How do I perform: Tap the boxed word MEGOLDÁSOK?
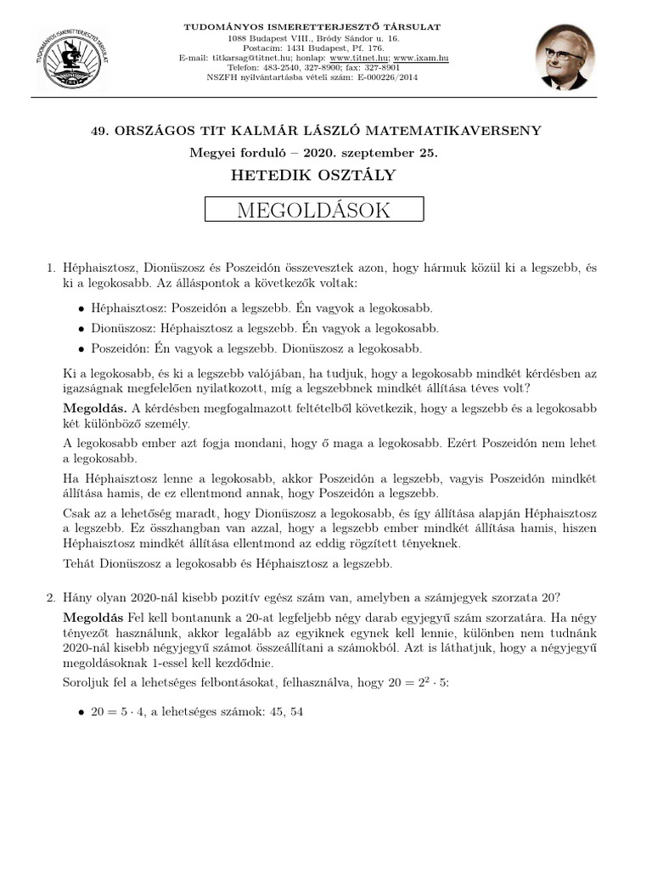click(x=314, y=211)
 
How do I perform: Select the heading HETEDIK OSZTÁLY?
click(x=314, y=175)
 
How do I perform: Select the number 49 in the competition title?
click(x=98, y=130)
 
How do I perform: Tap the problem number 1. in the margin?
click(x=51, y=268)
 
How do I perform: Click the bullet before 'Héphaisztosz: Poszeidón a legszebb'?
click(x=81, y=309)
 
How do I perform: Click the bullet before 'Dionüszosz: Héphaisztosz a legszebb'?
click(x=81, y=329)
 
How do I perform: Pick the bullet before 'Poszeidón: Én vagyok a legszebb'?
click(x=81, y=349)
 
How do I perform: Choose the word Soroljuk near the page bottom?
click(x=87, y=682)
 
